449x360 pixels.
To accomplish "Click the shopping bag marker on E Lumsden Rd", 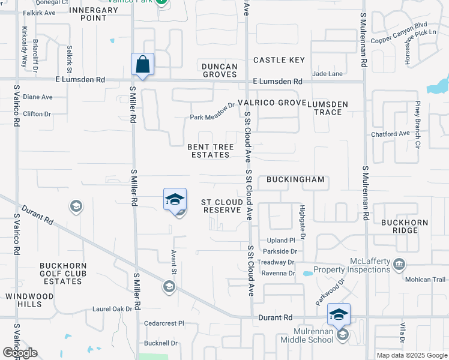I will point(143,65).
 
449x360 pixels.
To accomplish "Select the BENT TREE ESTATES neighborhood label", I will point(208,151).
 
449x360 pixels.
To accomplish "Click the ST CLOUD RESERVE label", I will point(222,206).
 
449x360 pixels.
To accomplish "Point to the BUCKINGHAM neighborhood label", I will point(295,179).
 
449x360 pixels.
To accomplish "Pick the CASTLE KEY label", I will point(279,60).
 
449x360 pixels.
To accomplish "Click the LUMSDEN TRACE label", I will point(328,108).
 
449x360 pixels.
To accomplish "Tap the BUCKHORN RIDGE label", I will point(405,226).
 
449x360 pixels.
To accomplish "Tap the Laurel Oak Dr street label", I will point(112,309).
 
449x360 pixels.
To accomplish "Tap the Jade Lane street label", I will point(328,74).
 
